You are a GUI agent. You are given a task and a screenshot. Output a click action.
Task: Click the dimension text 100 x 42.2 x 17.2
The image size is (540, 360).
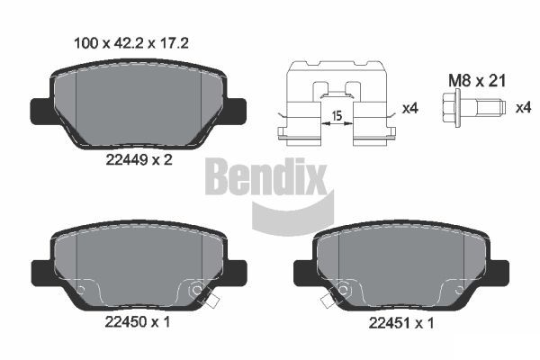(x=131, y=43)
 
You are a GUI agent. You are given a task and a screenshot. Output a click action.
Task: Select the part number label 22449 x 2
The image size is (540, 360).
(x=139, y=159)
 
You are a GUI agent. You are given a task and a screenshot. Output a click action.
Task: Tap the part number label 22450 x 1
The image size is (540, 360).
(x=138, y=322)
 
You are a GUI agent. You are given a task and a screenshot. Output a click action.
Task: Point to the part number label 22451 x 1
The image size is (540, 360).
(x=401, y=323)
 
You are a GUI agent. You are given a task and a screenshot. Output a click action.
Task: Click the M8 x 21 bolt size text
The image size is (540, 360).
(x=477, y=81)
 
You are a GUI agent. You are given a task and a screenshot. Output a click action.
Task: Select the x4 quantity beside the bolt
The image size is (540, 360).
(x=524, y=108)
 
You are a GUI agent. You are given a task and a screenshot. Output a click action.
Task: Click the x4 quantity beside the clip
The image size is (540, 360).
(x=410, y=109)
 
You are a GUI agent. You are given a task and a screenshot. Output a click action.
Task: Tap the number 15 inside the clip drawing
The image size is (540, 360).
(x=337, y=116)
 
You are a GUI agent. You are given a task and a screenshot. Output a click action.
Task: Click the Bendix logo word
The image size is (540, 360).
(x=265, y=177)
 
